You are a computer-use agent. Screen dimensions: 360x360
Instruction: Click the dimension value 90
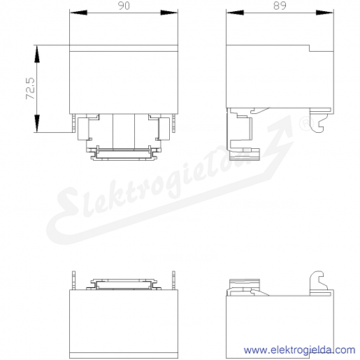[x=124, y=6]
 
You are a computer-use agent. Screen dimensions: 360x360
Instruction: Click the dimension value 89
[x=280, y=6]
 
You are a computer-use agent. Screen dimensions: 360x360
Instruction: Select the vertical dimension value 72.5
[x=30, y=89]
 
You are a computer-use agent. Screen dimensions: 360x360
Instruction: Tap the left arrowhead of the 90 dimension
[x=78, y=13]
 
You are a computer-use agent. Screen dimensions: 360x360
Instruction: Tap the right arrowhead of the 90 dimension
[x=169, y=13]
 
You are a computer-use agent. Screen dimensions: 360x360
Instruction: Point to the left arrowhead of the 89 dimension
[x=235, y=13]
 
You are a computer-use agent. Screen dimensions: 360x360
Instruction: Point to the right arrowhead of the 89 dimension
[x=324, y=13]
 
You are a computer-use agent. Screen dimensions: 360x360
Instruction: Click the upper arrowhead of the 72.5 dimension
[x=37, y=54]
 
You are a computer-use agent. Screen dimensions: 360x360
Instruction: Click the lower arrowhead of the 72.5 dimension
[x=37, y=124]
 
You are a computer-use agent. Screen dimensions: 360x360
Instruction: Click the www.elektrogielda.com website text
[x=299, y=350]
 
